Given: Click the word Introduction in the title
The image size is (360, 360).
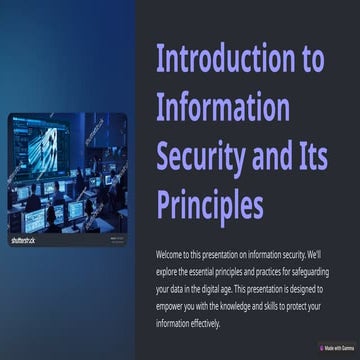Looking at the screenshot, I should (220, 59).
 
